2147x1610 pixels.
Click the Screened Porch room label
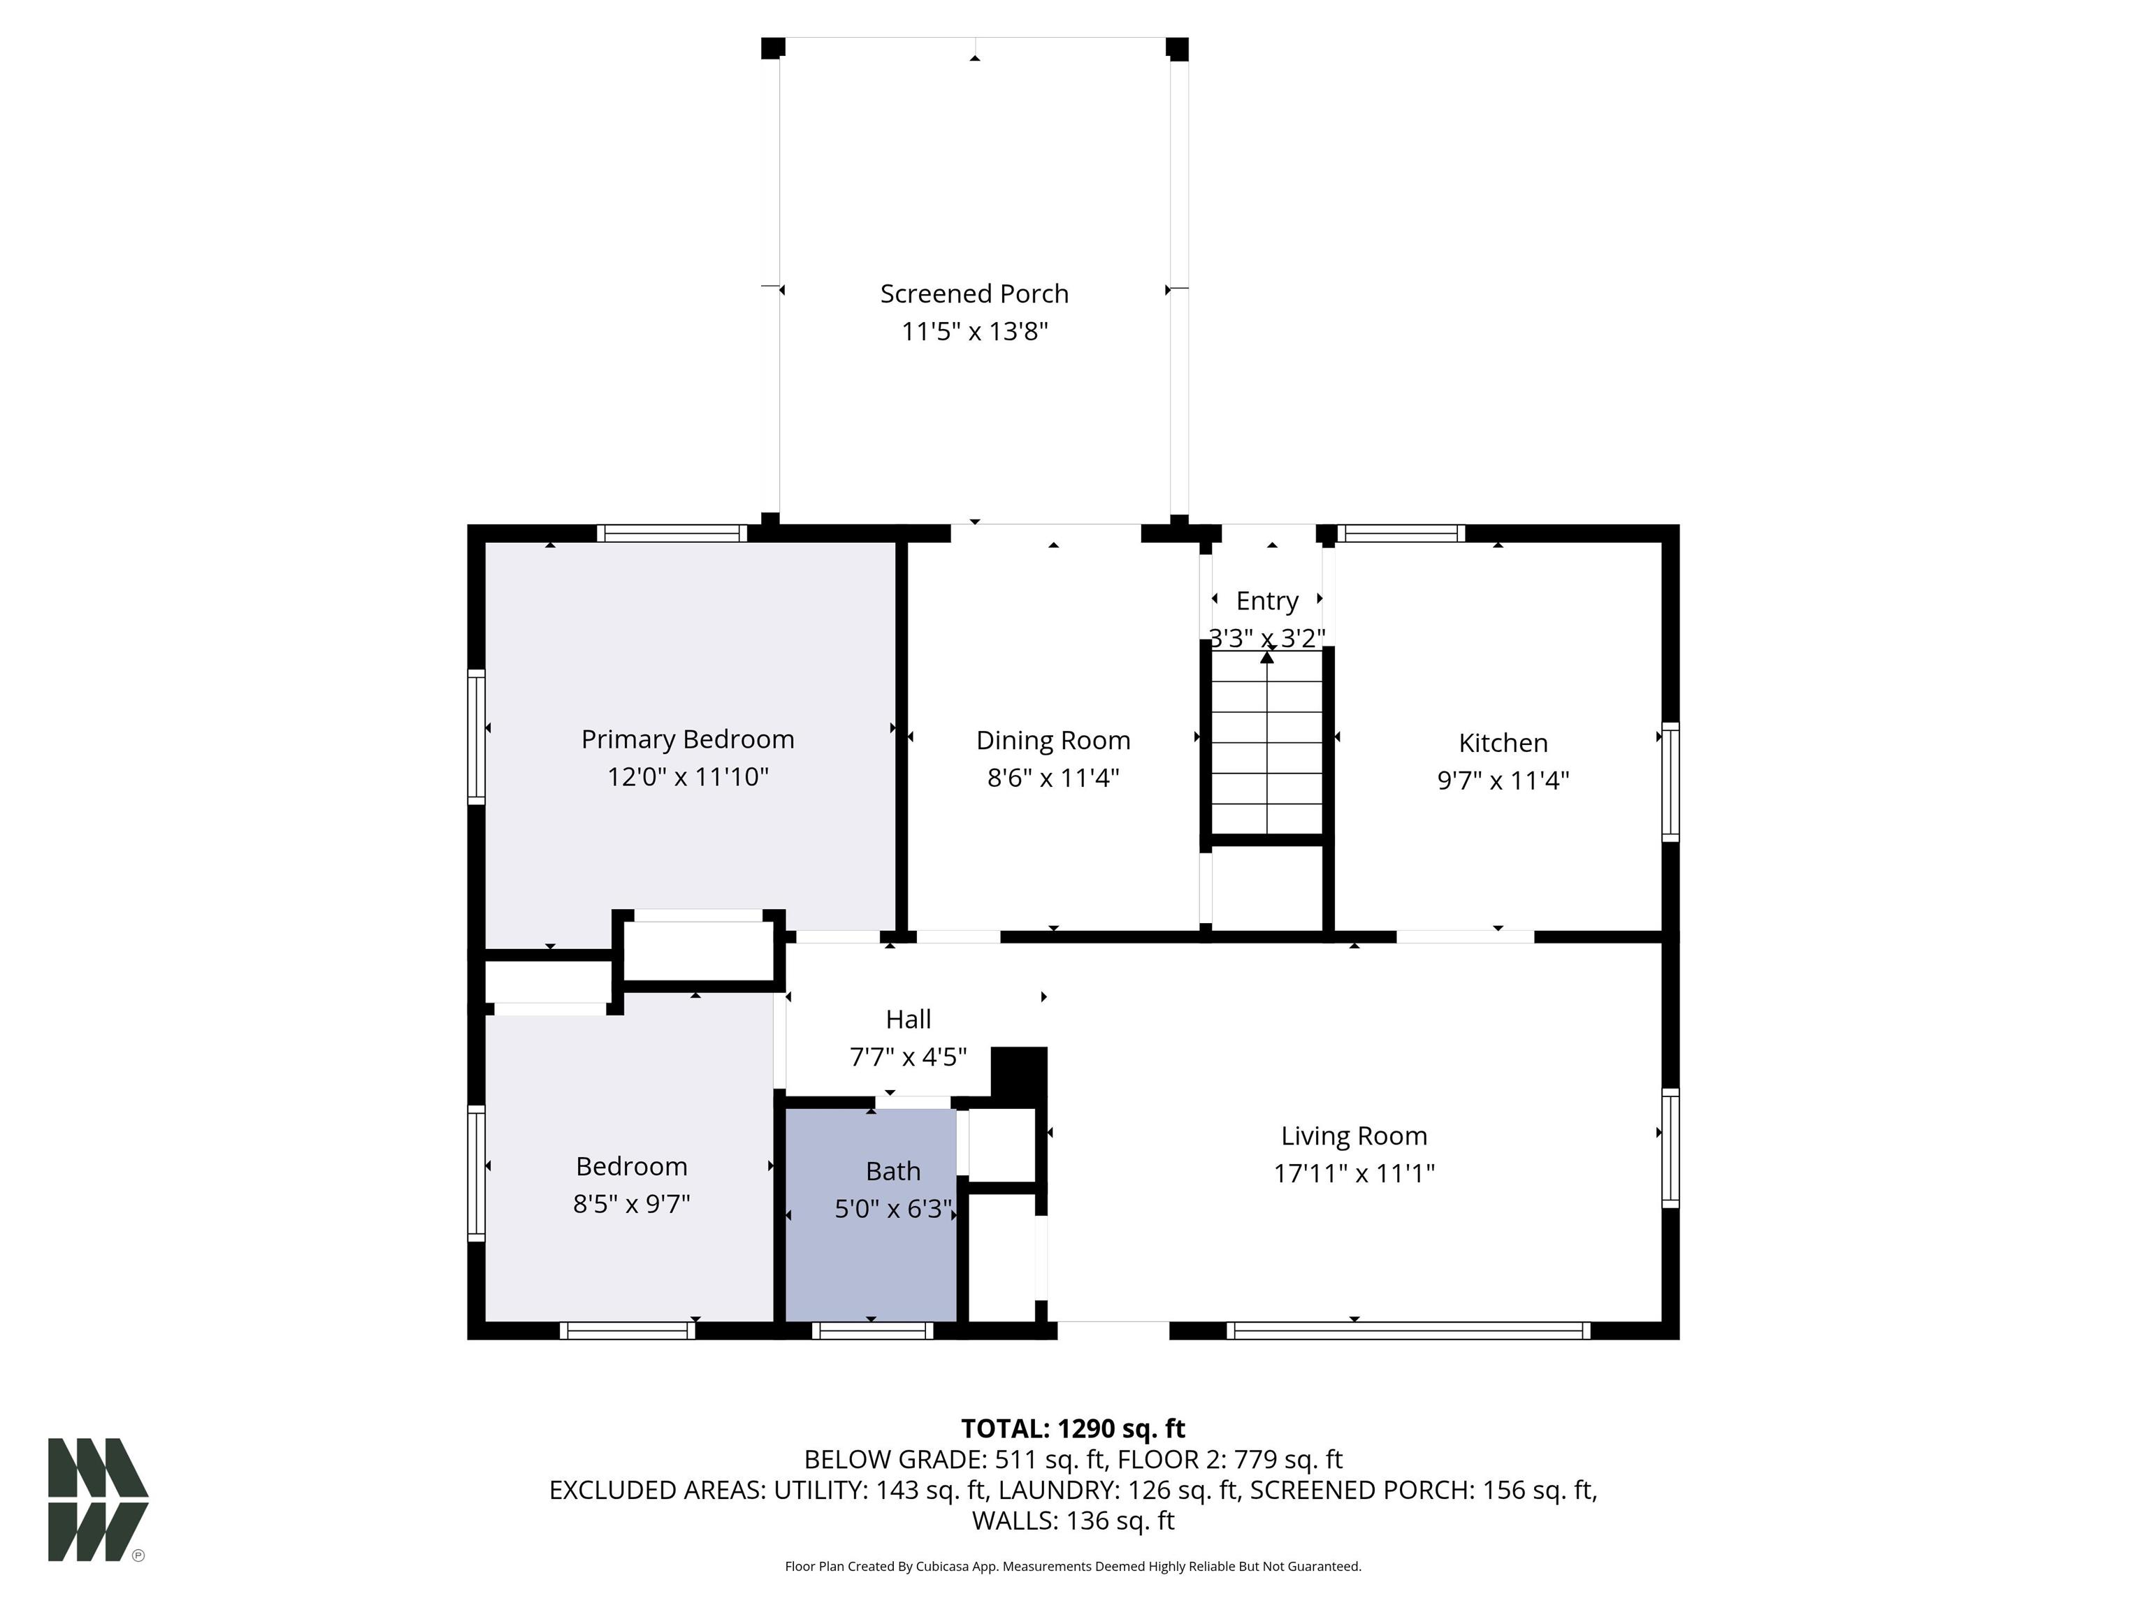[x=974, y=294]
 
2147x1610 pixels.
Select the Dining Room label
[x=1053, y=741]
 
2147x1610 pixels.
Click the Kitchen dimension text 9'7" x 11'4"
[x=1503, y=781]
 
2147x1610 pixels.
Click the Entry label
[x=1266, y=602]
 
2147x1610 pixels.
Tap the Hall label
[x=909, y=1019]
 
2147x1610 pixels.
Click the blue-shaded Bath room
[x=871, y=1215]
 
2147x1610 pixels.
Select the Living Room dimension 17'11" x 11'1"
[x=1354, y=1173]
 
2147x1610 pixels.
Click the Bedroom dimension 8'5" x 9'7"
[x=631, y=1203]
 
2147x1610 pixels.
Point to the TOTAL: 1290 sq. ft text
[x=1073, y=1428]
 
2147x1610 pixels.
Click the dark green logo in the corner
[x=98, y=1500]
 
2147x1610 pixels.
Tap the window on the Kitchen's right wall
[x=1670, y=781]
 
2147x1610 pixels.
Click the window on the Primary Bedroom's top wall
[x=672, y=532]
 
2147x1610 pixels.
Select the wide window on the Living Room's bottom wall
[x=1408, y=1330]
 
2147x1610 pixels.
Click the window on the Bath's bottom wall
[x=873, y=1330]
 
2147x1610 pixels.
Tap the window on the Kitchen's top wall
[x=1401, y=532]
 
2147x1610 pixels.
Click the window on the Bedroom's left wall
[x=477, y=1173]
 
